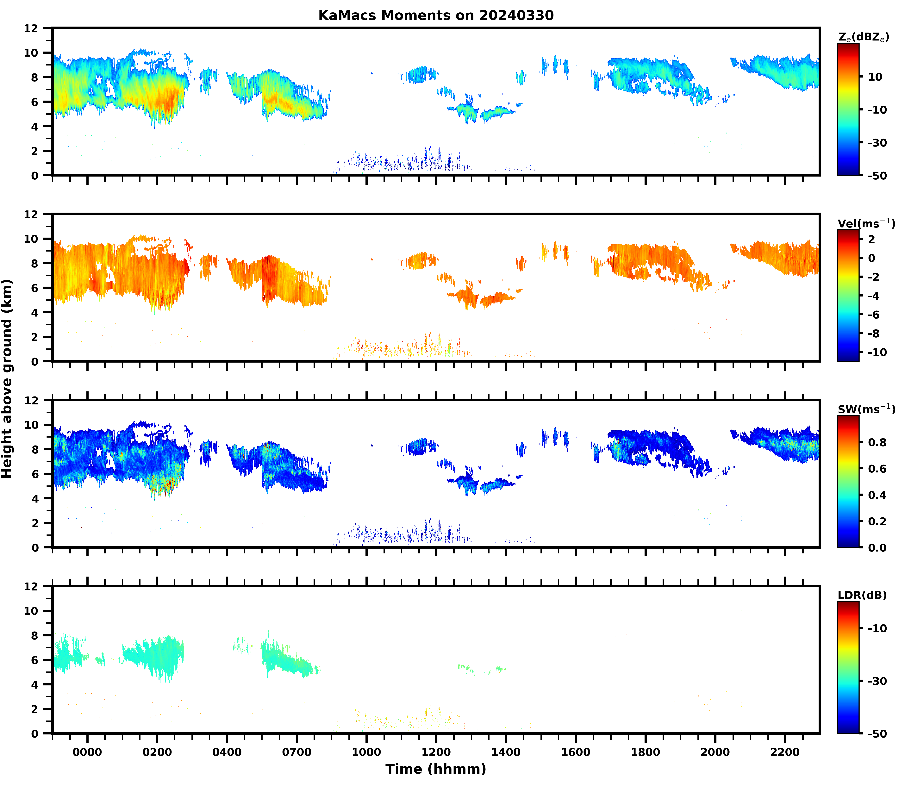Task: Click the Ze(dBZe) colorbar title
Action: tap(863, 37)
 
